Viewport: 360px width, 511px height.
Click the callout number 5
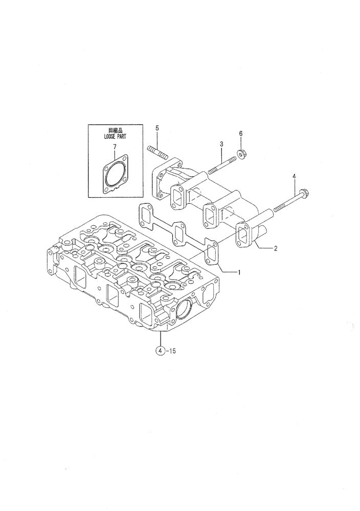157,127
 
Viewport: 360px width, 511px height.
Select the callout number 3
221,145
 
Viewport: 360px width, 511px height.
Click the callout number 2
276,249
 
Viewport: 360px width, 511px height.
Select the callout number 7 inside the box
115,147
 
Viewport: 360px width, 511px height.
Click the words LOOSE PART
115,137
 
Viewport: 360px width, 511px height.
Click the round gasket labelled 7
115,175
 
